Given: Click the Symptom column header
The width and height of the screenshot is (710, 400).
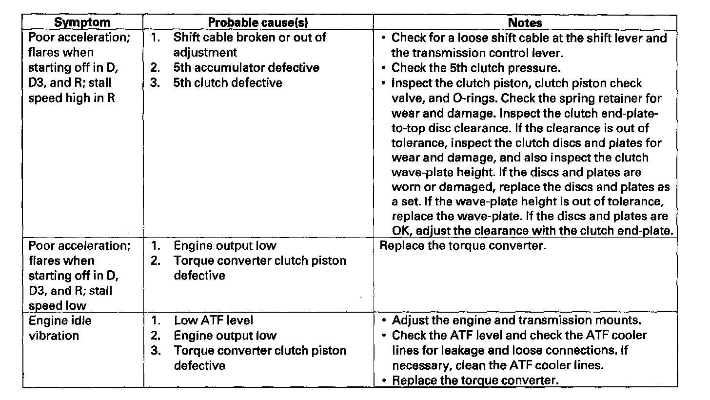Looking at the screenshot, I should [82, 22].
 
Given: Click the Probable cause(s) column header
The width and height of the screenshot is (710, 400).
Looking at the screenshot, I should [258, 22].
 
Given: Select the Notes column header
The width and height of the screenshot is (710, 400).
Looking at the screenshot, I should [525, 22].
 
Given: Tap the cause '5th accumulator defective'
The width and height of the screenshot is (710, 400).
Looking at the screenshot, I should [246, 68].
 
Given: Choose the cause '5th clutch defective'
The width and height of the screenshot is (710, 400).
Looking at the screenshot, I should [228, 83].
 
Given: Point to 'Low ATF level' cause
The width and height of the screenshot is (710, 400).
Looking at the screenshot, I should [214, 320].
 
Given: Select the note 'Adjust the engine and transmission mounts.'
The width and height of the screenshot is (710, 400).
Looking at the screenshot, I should [516, 320].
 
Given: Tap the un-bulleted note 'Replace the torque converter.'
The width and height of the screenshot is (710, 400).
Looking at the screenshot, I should [462, 245].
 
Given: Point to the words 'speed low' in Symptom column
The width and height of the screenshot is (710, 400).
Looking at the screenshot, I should [58, 306].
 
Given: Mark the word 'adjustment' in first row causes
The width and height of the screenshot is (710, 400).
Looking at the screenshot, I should [205, 52].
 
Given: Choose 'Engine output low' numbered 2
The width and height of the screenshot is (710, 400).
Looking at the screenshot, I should [225, 336].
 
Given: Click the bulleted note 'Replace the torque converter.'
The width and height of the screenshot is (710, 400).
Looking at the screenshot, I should [474, 380].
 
